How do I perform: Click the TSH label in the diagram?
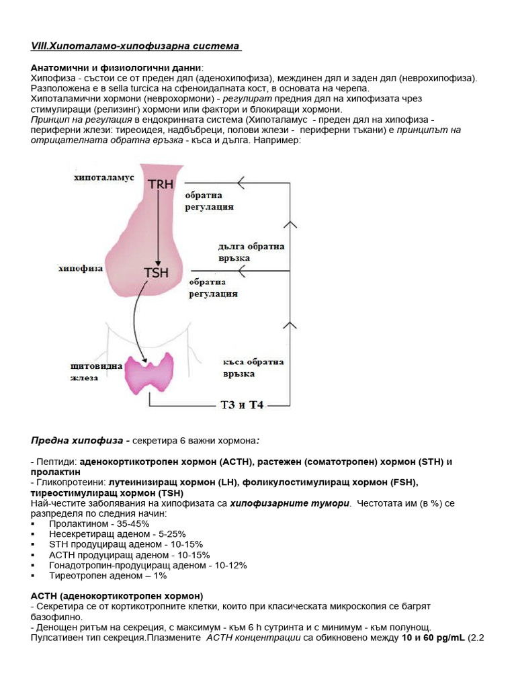pos(156,272)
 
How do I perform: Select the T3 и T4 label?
pos(242,406)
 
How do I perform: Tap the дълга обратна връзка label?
pos(251,252)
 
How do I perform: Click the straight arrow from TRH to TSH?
pos(157,228)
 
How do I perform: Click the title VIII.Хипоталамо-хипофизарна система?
pos(136,46)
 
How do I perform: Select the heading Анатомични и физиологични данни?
pos(116,69)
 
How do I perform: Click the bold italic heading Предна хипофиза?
pos(80,441)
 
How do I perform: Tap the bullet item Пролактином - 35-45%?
pos(99,523)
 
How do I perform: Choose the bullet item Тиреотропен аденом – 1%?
pos(107,576)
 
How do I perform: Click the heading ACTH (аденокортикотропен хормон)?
pos(116,596)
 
